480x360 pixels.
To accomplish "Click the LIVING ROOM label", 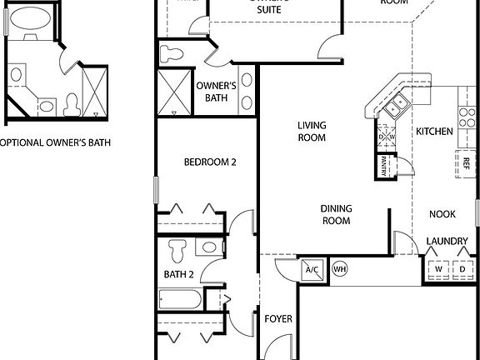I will tap(312, 132).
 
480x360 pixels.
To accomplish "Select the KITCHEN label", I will tap(434, 131).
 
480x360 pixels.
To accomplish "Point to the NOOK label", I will tap(442, 214).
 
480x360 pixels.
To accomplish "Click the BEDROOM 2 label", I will tap(210, 162).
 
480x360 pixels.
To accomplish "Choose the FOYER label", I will tap(277, 319).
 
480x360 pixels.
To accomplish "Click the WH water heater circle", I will tap(339, 269).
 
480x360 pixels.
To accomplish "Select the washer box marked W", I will tap(437, 270).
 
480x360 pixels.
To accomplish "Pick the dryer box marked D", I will tap(462, 270).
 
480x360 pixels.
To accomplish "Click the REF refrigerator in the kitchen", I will tap(465, 162).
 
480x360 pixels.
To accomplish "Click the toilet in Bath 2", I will tap(177, 249).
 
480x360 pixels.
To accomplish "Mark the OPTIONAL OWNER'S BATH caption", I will tap(55, 142).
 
